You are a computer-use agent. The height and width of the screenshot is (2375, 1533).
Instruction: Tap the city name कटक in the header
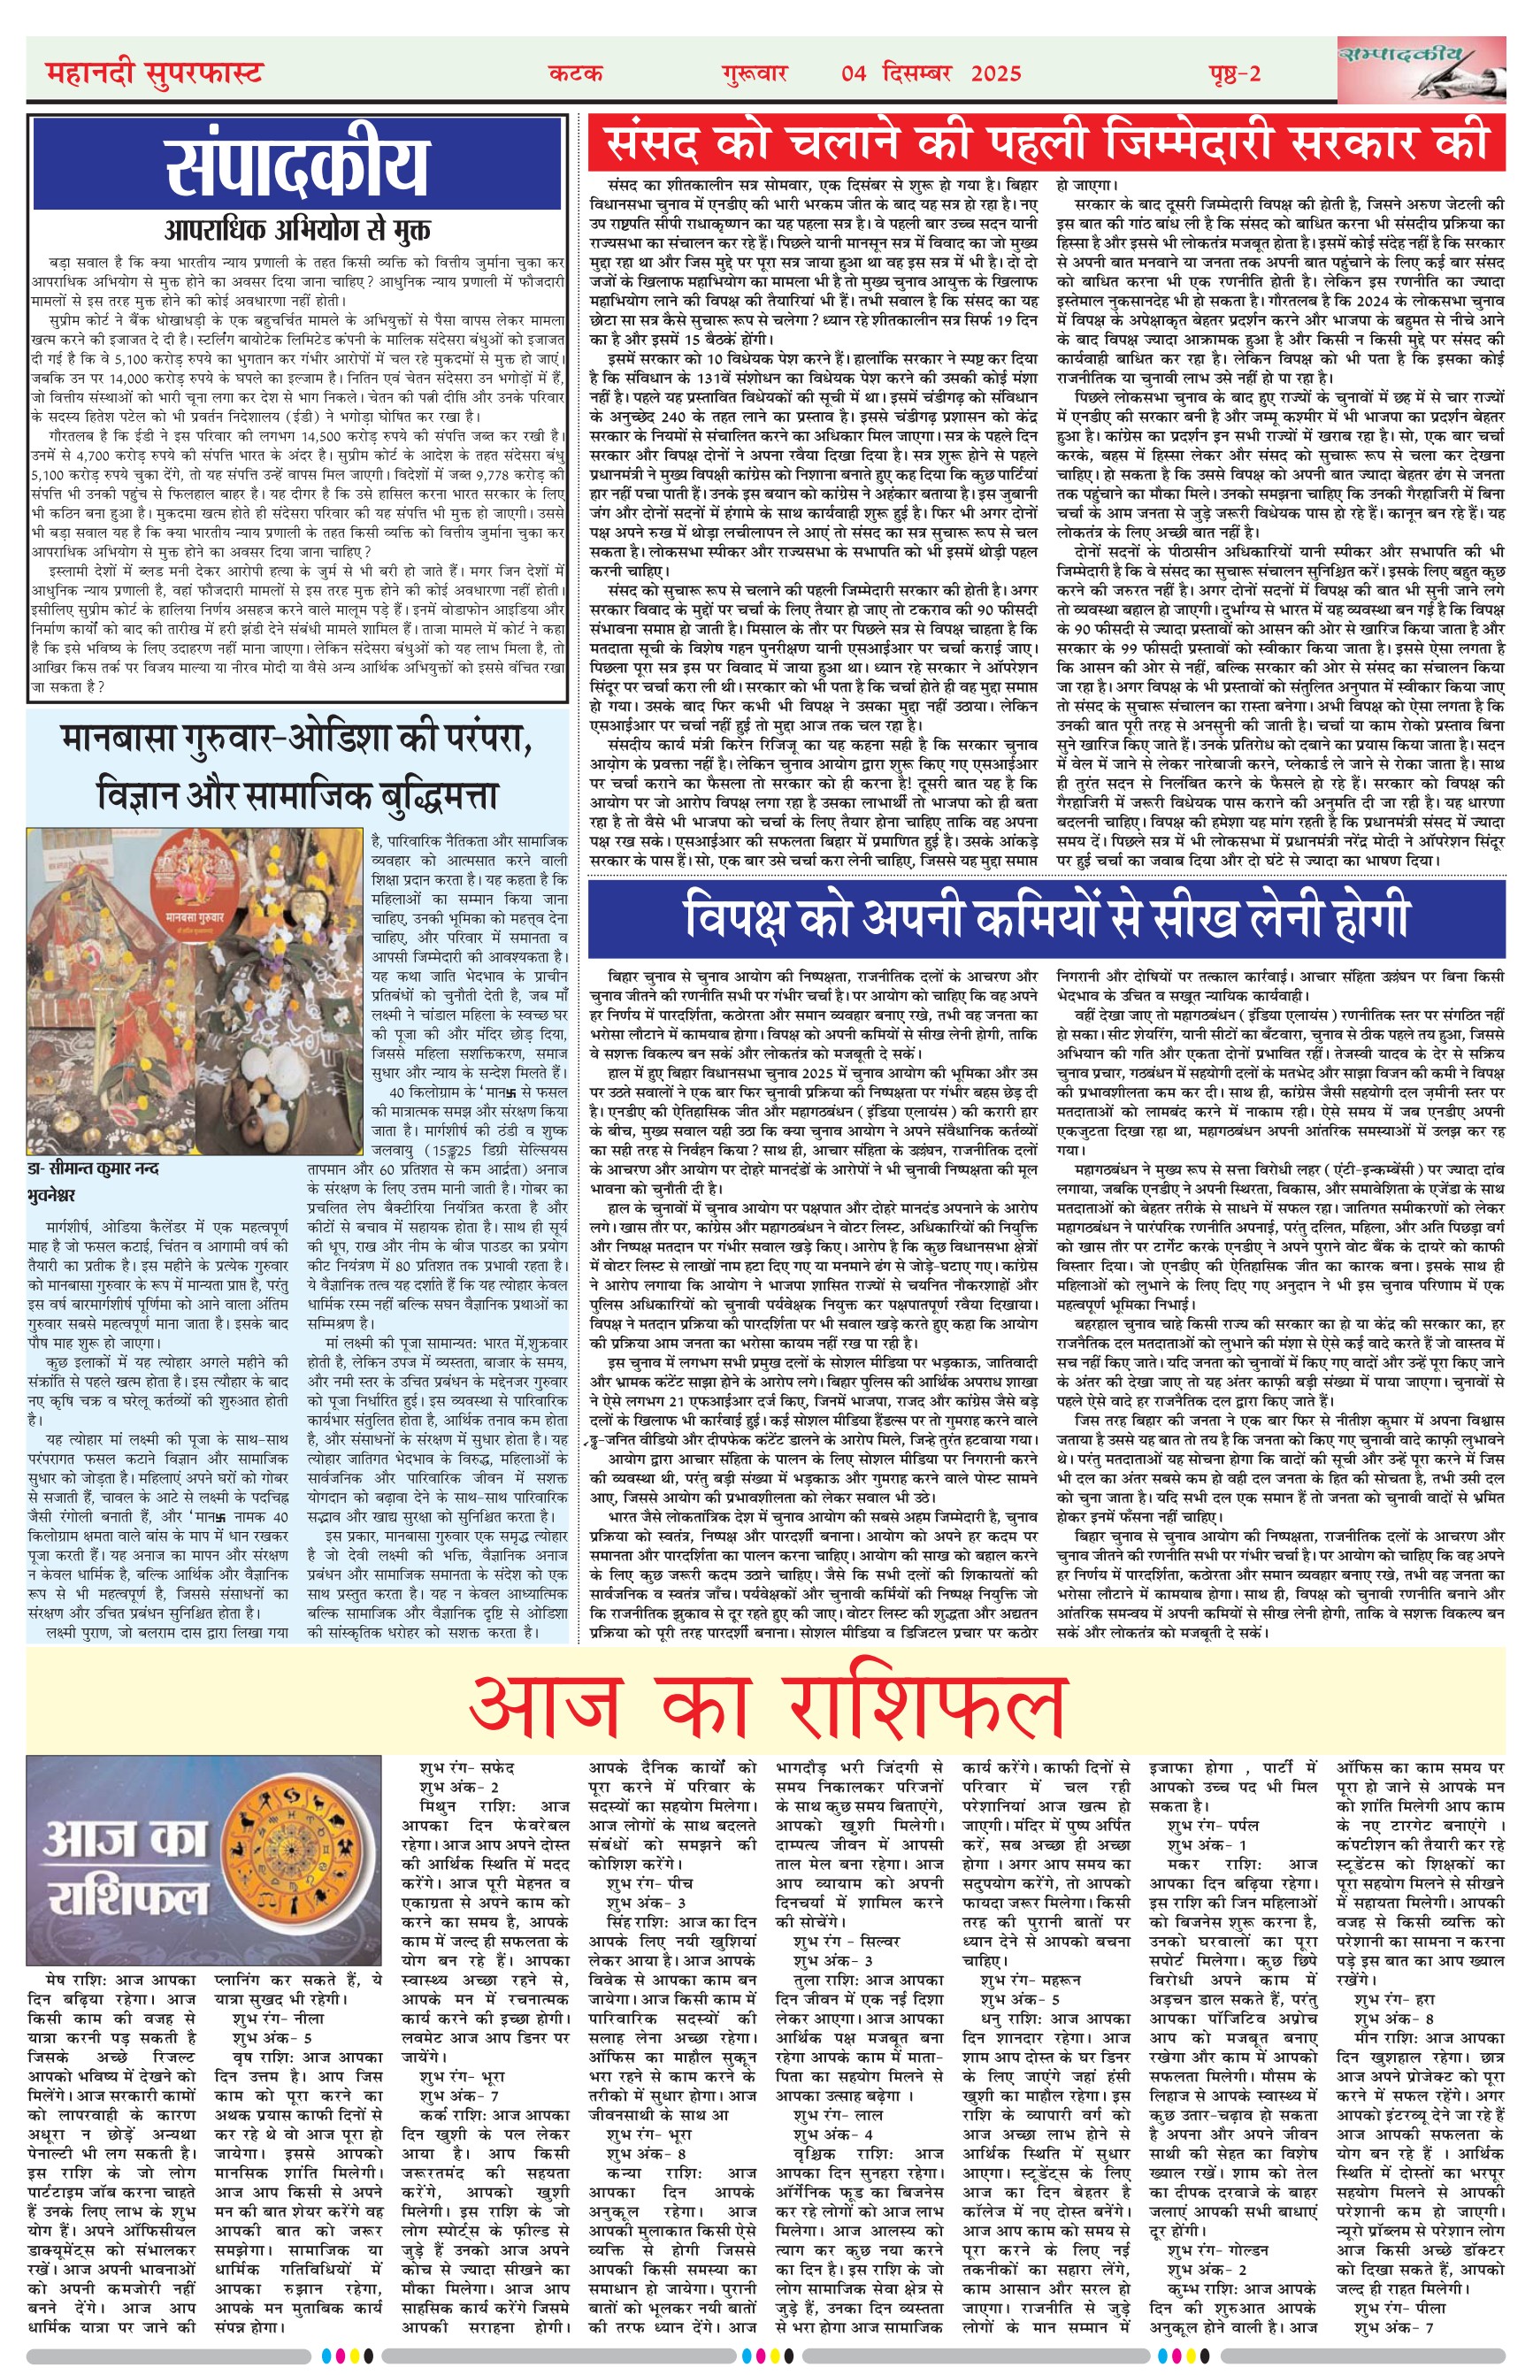pyautogui.click(x=575, y=73)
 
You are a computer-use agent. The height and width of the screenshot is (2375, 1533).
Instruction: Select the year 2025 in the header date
pyautogui.click(x=995, y=73)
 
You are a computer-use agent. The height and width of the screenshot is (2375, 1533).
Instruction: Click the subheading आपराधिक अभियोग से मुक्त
pyautogui.click(x=297, y=230)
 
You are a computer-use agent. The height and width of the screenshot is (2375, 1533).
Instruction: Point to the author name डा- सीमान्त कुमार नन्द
pyautogui.click(x=94, y=1168)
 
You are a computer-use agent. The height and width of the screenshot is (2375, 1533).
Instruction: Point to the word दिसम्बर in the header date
pyautogui.click(x=916, y=73)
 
